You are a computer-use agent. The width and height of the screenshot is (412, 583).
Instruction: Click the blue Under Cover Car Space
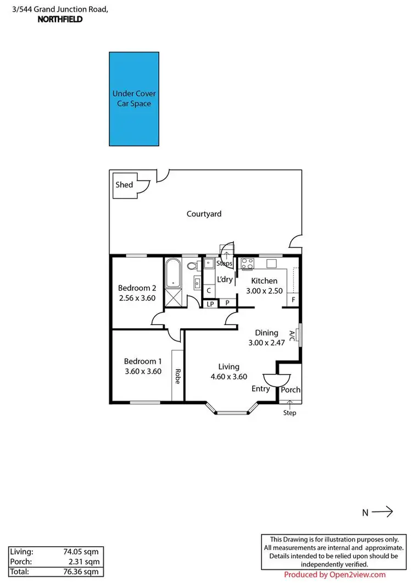134,98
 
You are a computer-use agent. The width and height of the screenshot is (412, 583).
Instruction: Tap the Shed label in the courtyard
124,185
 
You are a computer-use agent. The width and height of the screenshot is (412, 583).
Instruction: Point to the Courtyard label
204,214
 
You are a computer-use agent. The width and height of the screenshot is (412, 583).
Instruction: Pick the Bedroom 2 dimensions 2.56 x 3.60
137,298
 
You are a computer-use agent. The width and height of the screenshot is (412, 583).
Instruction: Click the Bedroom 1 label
143,361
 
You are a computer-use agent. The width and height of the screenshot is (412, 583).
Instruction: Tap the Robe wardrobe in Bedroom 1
177,375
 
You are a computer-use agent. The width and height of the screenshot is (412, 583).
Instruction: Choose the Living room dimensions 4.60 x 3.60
229,377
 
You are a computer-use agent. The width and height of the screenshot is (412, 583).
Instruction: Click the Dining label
267,333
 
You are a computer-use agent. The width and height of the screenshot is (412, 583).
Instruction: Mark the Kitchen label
264,280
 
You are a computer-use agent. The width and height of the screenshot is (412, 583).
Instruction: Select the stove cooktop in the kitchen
247,263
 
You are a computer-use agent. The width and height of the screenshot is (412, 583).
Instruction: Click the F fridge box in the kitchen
294,300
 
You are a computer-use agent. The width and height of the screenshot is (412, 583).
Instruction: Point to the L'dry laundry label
225,279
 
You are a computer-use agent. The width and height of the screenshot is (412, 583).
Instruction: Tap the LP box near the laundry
210,303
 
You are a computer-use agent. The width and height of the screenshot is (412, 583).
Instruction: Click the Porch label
291,390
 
